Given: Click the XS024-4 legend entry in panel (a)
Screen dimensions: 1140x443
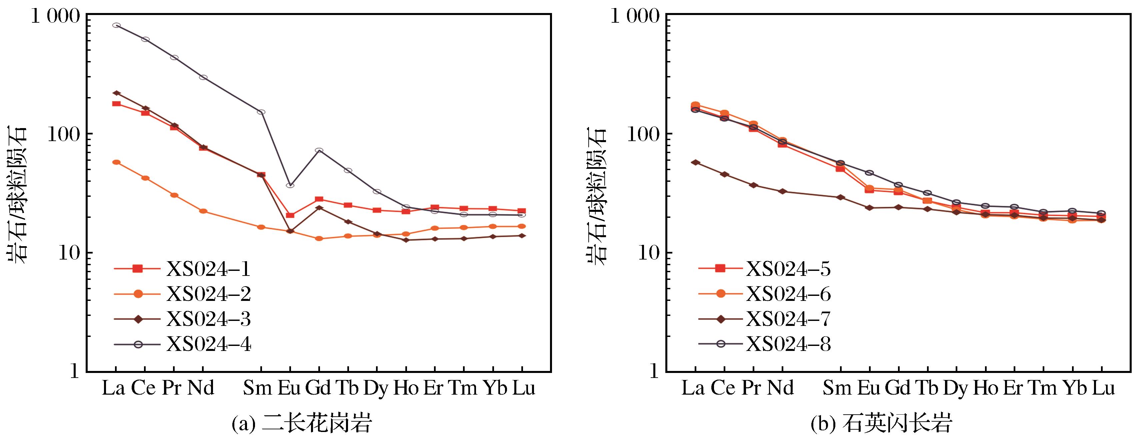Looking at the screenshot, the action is (x=182, y=344).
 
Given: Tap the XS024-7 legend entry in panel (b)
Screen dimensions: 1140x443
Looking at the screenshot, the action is (x=764, y=319).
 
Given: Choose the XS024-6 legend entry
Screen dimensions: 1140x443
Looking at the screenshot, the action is (x=764, y=293).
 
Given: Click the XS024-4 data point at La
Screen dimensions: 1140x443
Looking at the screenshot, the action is (x=116, y=25).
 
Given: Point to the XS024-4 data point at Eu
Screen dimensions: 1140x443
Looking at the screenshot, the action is (x=290, y=185).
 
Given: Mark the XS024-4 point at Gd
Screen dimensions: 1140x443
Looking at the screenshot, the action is (x=319, y=150).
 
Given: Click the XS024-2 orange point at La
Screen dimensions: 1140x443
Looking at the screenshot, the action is (x=116, y=162).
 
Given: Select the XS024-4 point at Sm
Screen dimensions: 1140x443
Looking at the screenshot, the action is (x=261, y=112).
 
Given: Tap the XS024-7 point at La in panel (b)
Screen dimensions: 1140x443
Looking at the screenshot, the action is (x=695, y=162).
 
